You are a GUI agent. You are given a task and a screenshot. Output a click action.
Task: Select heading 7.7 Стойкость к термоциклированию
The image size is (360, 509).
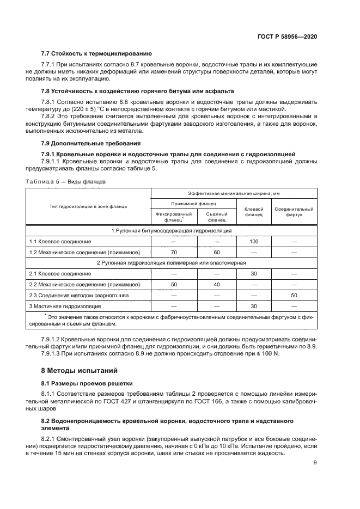(x=96, y=54)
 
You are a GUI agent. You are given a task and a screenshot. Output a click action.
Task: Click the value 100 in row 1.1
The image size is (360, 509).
(x=253, y=241)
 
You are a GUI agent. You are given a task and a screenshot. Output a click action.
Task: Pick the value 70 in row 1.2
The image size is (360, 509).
(x=174, y=253)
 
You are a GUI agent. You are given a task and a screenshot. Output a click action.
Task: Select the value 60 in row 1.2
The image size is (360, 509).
(x=216, y=253)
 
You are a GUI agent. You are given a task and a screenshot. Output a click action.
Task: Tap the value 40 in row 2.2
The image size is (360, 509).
(x=216, y=285)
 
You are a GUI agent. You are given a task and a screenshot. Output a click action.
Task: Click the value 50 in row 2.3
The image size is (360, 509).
(x=294, y=295)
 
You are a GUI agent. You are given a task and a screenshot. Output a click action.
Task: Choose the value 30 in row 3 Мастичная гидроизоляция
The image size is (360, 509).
(x=253, y=306)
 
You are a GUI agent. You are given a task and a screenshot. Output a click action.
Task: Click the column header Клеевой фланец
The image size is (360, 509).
(x=253, y=212)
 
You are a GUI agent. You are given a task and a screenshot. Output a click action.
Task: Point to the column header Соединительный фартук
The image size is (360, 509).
(x=294, y=212)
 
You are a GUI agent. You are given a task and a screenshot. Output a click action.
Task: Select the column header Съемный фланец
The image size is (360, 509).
(x=216, y=217)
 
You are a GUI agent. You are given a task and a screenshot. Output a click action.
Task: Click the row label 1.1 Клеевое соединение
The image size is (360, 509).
(x=60, y=241)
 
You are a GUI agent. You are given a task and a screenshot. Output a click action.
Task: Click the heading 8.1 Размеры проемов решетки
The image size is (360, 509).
(x=87, y=383)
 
